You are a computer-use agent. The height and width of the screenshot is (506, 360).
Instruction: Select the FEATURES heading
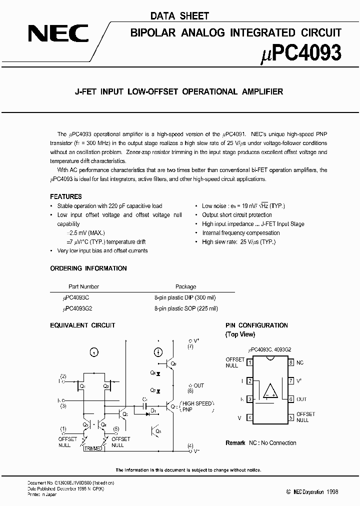[66, 196]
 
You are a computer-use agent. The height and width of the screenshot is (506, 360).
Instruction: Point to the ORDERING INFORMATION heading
[88, 268]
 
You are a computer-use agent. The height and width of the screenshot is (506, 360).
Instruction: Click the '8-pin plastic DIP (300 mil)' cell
[185, 297]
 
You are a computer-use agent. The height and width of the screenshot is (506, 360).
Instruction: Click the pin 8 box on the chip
[291, 362]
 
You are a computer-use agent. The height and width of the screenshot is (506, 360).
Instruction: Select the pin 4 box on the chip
[249, 417]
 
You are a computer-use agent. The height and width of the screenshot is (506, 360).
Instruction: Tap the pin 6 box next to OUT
[291, 399]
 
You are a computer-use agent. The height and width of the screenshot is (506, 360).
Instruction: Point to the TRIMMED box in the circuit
[93, 449]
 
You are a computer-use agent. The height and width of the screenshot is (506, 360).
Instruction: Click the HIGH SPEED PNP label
[197, 406]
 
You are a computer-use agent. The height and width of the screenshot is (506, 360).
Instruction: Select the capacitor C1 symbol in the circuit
[144, 406]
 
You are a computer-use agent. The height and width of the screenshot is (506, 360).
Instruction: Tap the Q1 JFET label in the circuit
[82, 386]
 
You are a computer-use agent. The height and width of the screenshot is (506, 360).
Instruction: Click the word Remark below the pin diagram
[235, 443]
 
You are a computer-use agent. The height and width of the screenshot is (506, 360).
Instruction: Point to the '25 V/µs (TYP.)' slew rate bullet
[238, 242]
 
